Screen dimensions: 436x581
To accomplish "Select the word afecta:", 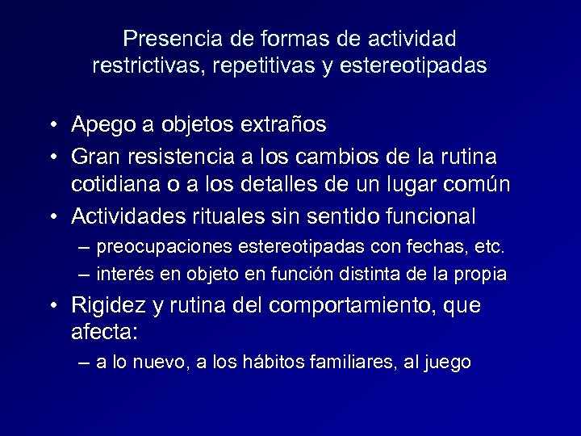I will tap(100, 333).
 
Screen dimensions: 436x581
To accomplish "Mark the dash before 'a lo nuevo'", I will tap(86, 363).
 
